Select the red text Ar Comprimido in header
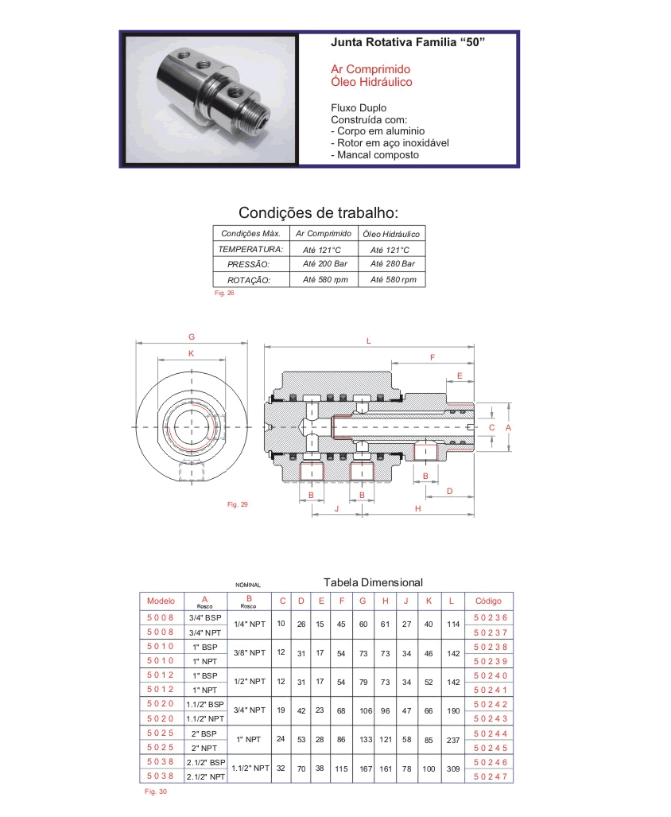click(x=370, y=69)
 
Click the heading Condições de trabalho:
click(x=318, y=213)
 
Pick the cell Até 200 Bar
click(x=325, y=264)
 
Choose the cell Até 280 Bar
click(x=393, y=264)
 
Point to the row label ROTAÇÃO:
click(x=249, y=280)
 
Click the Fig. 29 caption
click(x=238, y=504)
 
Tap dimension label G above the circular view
click(x=192, y=337)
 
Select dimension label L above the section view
click(x=369, y=340)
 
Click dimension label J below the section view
click(x=337, y=508)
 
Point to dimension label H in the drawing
click(x=418, y=508)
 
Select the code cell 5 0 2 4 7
click(x=490, y=776)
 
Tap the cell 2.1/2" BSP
click(x=205, y=761)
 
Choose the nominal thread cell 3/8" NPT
click(x=249, y=652)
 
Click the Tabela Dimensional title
click(x=373, y=582)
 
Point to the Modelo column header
click(x=161, y=601)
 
